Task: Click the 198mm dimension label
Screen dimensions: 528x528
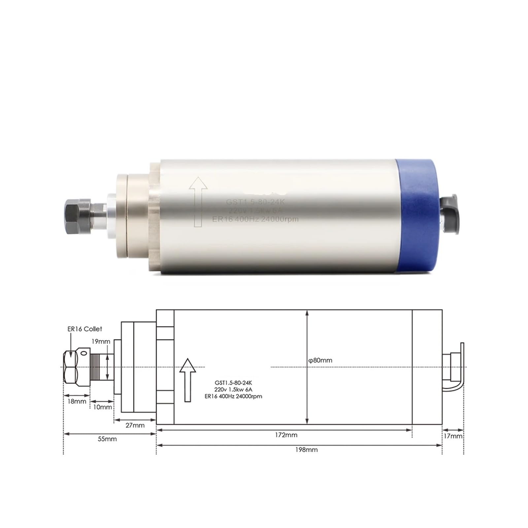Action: [x=306, y=449]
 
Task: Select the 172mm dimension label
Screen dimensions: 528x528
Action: [x=286, y=435]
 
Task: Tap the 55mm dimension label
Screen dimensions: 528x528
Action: [x=107, y=439]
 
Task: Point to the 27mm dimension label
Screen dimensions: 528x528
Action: [x=135, y=425]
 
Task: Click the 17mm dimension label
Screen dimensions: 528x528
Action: [x=453, y=436]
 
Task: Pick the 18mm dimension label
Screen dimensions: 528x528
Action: [x=77, y=401]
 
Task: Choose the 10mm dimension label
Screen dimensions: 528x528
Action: [x=102, y=407]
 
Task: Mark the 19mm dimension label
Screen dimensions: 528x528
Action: [x=101, y=342]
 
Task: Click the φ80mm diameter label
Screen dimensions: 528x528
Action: [x=320, y=360]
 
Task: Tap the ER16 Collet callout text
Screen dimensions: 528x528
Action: [x=85, y=329]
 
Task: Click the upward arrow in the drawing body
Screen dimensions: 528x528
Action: [x=188, y=379]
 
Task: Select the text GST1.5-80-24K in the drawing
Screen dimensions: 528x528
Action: [x=233, y=383]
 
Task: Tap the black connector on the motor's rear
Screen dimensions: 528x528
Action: [x=450, y=214]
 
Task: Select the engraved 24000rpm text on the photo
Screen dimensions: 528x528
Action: [x=280, y=219]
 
